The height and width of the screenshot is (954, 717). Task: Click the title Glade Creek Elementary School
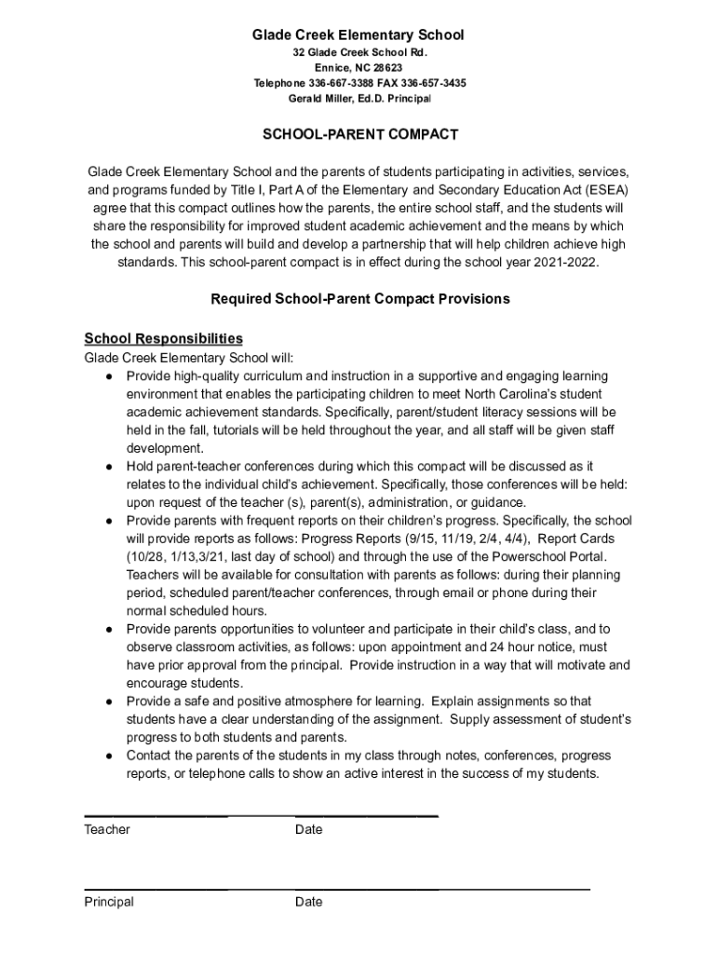click(x=358, y=35)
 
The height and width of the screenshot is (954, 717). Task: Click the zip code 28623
click(x=386, y=69)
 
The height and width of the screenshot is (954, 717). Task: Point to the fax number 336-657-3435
click(x=436, y=84)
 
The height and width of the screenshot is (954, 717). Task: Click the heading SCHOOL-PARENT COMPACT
click(x=359, y=135)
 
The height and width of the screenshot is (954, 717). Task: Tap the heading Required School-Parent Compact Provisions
click(x=360, y=299)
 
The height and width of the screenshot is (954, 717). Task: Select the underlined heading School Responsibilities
click(x=164, y=338)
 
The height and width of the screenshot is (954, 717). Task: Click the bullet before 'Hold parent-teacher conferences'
click(x=110, y=466)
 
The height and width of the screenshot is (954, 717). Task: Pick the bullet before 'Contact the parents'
click(x=110, y=756)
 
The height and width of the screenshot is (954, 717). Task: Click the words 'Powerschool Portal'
click(x=538, y=556)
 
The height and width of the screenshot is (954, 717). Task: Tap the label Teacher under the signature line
click(x=107, y=830)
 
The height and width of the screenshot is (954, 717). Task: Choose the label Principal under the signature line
click(x=109, y=902)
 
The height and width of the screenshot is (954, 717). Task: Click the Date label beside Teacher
click(x=309, y=830)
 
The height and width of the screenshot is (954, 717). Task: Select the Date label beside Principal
click(x=309, y=902)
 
